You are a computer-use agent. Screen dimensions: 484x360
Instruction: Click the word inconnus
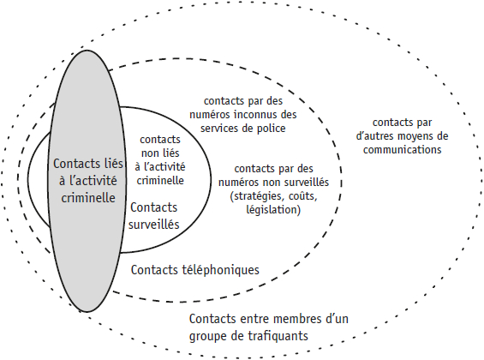click(x=255, y=115)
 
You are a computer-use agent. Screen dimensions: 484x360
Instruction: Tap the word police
click(x=272, y=128)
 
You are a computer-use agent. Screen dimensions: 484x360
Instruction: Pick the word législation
click(x=273, y=210)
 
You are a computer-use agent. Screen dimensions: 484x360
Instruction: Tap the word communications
click(x=403, y=150)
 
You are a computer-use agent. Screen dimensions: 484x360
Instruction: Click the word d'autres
click(x=375, y=135)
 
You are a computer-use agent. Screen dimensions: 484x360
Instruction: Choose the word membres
click(x=295, y=319)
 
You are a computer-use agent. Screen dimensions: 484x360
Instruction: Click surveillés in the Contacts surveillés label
click(x=153, y=225)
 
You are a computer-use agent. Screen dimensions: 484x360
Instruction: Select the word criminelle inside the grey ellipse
click(x=88, y=198)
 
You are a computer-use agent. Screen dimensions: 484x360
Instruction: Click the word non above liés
click(x=150, y=153)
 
